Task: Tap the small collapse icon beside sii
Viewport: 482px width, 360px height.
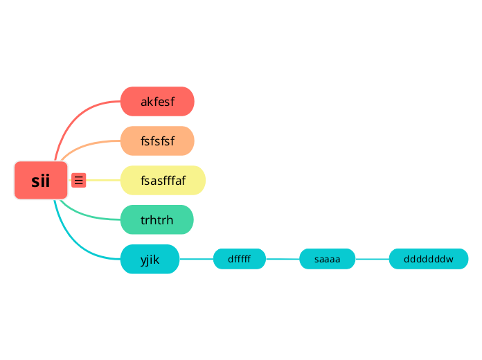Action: coord(79,180)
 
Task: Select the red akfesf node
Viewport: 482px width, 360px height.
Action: coord(157,102)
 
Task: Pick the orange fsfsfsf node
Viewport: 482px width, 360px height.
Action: coord(157,141)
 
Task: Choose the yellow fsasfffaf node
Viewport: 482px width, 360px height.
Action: coord(163,181)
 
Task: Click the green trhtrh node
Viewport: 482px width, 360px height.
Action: coord(157,220)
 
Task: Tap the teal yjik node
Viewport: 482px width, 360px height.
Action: coord(150,260)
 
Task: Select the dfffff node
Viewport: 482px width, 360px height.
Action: coord(239,260)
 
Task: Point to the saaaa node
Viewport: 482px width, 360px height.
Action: coord(327,260)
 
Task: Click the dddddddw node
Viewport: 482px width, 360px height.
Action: coord(428,260)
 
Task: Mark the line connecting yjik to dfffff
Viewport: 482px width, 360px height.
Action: coord(196,259)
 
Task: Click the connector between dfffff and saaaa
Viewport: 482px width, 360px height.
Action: coord(283,259)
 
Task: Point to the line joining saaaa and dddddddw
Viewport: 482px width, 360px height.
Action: coord(372,259)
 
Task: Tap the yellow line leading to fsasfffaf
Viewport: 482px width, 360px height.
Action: coord(104,180)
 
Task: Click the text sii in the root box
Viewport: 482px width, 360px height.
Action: coord(41,181)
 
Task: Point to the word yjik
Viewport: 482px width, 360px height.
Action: coord(150,260)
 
